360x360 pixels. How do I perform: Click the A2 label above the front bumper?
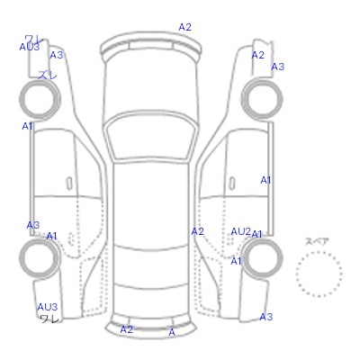[184, 27]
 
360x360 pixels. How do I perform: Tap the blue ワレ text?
[34, 40]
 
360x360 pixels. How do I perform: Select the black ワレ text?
[49, 319]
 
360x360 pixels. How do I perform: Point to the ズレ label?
[48, 75]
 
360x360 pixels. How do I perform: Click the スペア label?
[317, 241]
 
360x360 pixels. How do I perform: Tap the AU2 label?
[240, 231]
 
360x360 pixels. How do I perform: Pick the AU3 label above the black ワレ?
[48, 307]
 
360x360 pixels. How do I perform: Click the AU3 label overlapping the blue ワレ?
[30, 47]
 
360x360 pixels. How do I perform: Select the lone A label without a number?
[172, 332]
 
